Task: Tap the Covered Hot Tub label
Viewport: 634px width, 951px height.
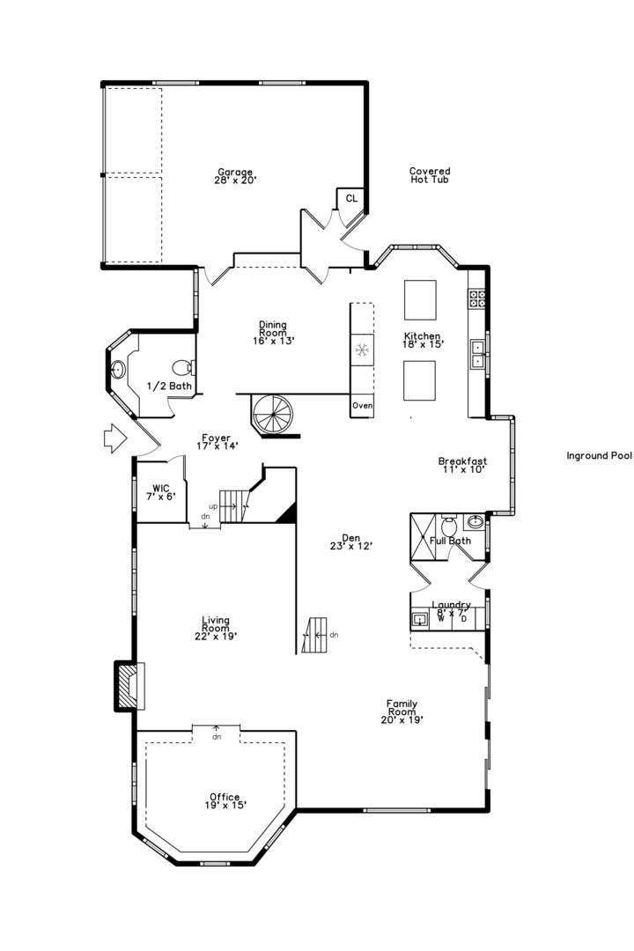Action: [430, 175]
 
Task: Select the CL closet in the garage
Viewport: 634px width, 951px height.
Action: [351, 199]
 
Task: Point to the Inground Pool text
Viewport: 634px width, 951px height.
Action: [599, 456]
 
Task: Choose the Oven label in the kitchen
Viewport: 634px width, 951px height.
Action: [362, 406]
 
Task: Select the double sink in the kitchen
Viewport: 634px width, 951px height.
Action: [476, 353]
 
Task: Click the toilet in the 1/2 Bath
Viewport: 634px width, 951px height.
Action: [182, 366]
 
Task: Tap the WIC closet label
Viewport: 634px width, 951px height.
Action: [160, 491]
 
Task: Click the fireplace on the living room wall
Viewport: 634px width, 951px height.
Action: [129, 685]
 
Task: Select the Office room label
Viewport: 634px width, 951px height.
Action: [225, 800]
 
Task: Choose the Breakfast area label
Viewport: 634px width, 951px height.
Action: [462, 465]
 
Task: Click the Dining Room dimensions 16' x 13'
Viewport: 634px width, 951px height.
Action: [272, 341]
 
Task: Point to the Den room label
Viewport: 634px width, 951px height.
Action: [351, 541]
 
